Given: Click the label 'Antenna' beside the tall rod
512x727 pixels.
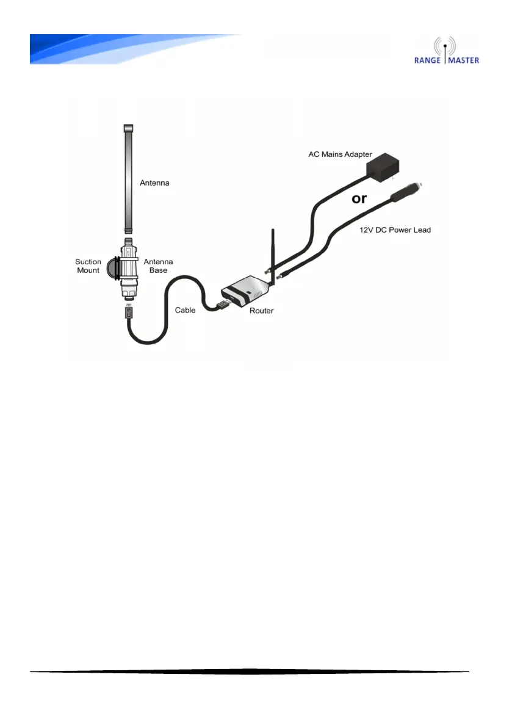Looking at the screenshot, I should (x=155, y=183).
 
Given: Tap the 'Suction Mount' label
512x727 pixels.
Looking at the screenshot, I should (x=88, y=266).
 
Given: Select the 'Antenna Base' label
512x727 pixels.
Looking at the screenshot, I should (x=157, y=266).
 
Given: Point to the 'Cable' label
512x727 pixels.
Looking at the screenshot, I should (x=185, y=310).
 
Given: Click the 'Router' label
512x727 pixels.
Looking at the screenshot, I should (x=262, y=311).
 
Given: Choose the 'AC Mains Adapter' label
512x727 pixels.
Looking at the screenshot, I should (x=341, y=154).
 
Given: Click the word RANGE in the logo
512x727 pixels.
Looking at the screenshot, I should (x=430, y=60).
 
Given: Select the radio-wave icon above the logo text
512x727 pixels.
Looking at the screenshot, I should (x=446, y=46).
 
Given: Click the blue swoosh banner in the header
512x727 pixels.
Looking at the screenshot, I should (x=122, y=49).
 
